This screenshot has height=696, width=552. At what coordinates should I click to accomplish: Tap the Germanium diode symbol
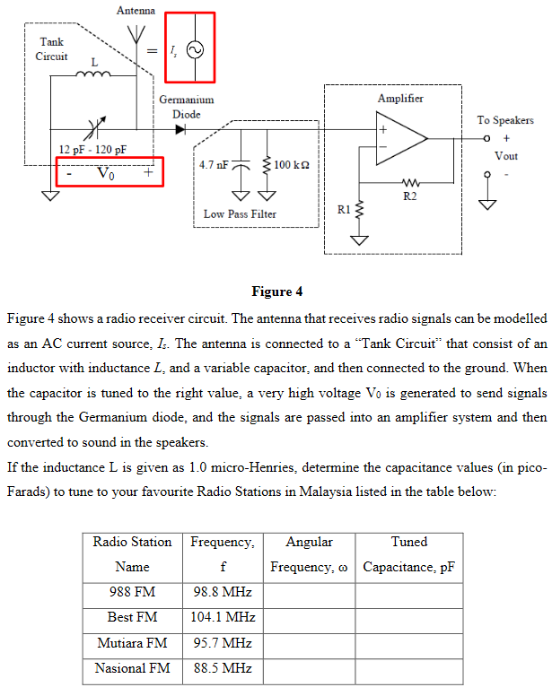click(181, 129)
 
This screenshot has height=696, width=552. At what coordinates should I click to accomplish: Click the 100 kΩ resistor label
click(296, 165)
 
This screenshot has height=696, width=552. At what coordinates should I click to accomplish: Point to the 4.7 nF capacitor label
click(215, 165)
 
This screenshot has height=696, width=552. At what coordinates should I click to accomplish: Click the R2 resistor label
click(410, 196)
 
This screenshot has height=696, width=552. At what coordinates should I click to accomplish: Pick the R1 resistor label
click(344, 209)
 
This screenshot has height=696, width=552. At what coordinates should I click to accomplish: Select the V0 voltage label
click(106, 172)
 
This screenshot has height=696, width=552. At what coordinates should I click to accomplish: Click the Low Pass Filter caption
click(240, 214)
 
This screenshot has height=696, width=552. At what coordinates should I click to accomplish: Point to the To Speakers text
click(504, 120)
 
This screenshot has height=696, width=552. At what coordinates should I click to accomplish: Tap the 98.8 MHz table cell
click(222, 593)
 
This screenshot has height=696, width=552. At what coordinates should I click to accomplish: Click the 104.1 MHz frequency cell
click(223, 618)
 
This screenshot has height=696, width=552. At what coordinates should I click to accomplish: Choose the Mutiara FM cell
click(132, 643)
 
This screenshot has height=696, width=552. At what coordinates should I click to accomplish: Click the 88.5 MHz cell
click(222, 668)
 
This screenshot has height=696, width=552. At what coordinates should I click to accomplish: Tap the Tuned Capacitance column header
click(408, 554)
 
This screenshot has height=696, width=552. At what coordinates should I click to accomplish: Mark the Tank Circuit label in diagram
click(51, 49)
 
